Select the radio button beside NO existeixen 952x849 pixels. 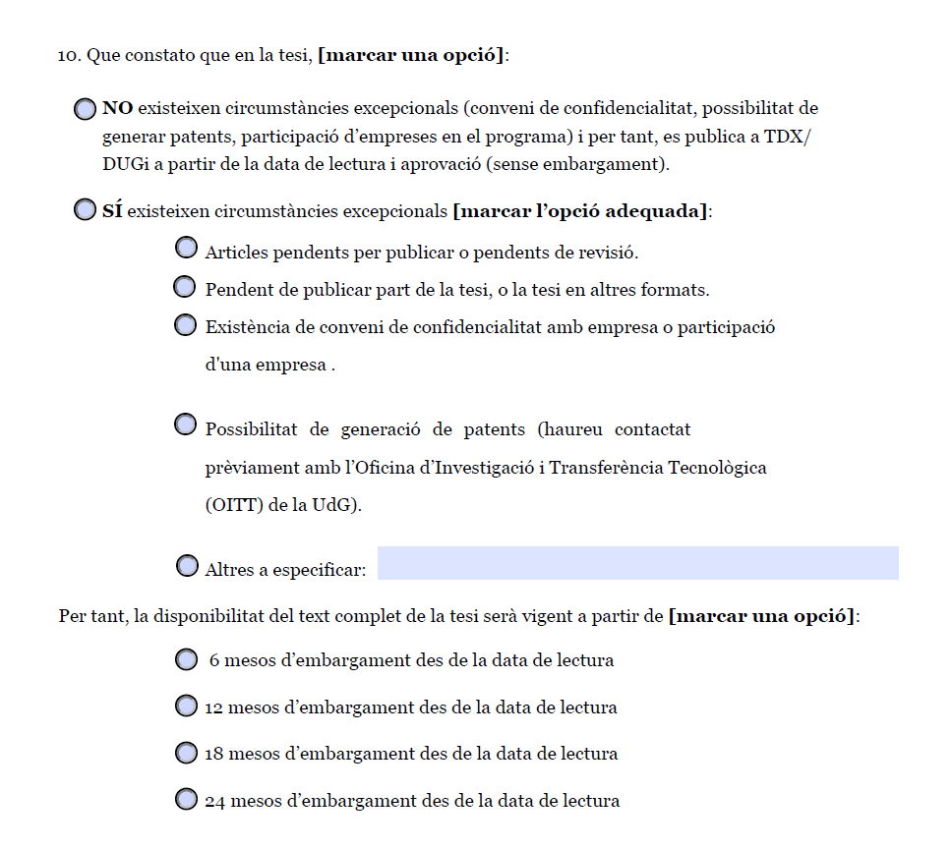(x=86, y=109)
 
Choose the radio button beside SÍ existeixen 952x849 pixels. (x=86, y=210)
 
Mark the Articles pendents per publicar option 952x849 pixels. (x=186, y=248)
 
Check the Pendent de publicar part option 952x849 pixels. (x=185, y=287)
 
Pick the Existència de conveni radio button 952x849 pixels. (x=185, y=325)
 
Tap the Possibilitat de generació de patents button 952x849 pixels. (x=185, y=424)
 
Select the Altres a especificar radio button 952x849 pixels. (x=187, y=566)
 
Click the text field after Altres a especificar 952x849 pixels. (x=637, y=563)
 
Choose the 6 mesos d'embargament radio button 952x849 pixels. (x=186, y=659)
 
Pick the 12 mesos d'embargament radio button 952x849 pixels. (x=186, y=706)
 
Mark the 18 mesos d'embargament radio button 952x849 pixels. (x=186, y=753)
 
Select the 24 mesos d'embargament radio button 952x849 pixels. (x=186, y=799)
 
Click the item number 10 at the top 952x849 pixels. (x=69, y=56)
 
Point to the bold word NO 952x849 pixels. (x=117, y=108)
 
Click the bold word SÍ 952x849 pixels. (x=112, y=210)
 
